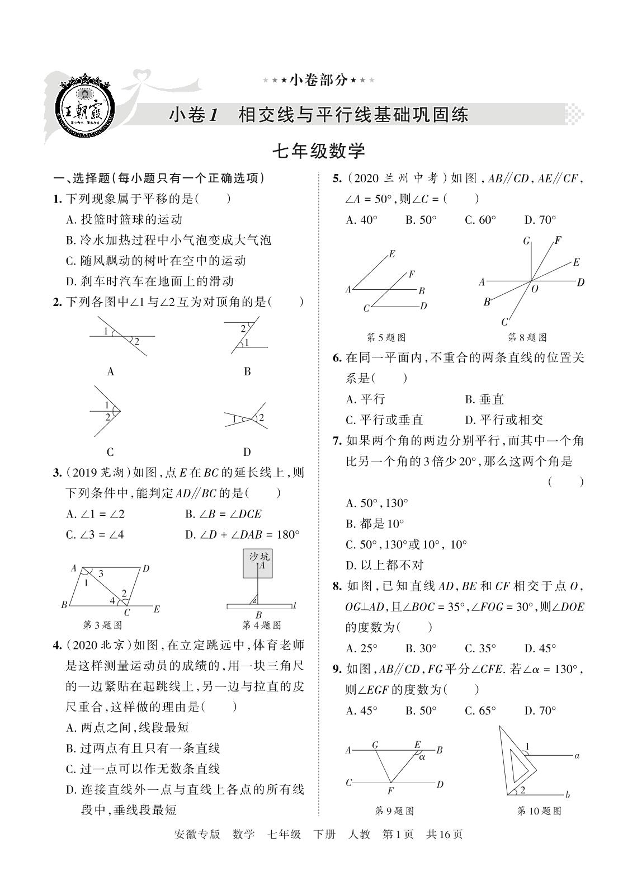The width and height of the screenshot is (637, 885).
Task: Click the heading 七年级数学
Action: click(318, 150)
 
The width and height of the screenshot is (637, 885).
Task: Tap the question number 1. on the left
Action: click(56, 199)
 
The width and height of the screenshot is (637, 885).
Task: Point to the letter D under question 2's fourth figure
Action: click(247, 452)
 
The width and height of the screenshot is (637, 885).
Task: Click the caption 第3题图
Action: click(103, 625)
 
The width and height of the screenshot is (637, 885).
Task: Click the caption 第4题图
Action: click(261, 625)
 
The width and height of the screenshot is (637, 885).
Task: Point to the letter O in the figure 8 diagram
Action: click(535, 289)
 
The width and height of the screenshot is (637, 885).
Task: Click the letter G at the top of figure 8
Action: click(526, 241)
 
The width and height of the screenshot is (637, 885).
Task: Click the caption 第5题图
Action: click(385, 337)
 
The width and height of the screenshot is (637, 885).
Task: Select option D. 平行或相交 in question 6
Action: click(503, 420)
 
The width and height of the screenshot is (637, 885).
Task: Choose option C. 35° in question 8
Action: click(480, 648)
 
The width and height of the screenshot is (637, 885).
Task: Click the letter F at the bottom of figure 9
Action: click(390, 791)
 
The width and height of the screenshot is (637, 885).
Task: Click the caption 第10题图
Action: click(539, 811)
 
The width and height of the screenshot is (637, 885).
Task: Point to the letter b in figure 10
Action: click(567, 794)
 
